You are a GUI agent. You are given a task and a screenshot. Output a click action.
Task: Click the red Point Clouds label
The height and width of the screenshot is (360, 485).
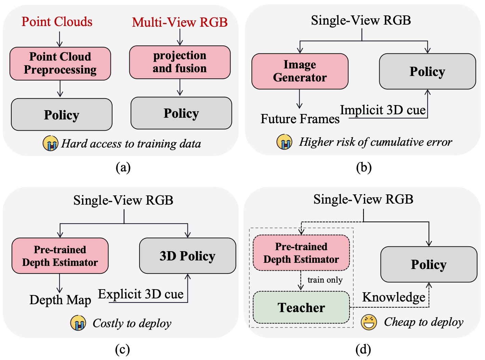tap(57, 22)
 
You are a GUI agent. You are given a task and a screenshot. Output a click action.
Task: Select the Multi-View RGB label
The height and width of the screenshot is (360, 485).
tap(180, 22)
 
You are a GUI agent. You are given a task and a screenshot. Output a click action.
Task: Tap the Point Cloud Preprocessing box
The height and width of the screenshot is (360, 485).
tap(60, 63)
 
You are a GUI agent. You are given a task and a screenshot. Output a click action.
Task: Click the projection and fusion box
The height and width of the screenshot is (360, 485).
tap(180, 62)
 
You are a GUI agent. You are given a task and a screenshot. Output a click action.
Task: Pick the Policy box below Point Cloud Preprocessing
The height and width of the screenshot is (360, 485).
tap(62, 115)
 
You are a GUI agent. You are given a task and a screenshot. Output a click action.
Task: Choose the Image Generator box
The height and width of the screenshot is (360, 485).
tap(300, 71)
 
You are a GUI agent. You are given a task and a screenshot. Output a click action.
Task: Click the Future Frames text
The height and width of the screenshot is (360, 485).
tap(300, 119)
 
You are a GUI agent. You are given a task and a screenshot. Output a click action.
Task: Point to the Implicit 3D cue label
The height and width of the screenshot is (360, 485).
tap(382, 110)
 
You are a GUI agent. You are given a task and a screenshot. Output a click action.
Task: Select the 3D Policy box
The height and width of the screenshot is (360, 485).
tap(187, 256)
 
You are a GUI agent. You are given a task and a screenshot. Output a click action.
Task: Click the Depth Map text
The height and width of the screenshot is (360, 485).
tap(60, 300)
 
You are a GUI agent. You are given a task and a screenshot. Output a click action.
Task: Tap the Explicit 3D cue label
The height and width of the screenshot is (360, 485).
tap(141, 294)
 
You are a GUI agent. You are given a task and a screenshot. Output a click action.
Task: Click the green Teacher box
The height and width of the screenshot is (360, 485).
tap(301, 307)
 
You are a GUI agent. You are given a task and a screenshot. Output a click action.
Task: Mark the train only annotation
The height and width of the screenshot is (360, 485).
tap(325, 280)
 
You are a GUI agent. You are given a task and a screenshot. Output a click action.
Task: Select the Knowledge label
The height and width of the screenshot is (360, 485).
tap(394, 297)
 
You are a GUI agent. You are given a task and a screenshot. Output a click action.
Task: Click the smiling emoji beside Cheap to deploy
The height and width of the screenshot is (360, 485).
tap(369, 322)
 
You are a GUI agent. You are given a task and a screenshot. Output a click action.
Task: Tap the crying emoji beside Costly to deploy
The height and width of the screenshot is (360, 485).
tap(78, 323)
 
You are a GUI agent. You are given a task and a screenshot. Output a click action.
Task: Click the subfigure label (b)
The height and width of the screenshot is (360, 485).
tap(364, 167)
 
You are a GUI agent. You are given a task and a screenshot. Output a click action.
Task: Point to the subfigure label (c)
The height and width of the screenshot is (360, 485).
tap(122, 349)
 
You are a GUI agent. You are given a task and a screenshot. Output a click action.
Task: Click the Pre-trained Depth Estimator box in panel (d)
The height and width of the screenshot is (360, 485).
tap(301, 253)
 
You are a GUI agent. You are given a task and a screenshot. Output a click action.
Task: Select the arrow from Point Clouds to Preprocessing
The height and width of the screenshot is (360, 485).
tap(60, 39)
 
